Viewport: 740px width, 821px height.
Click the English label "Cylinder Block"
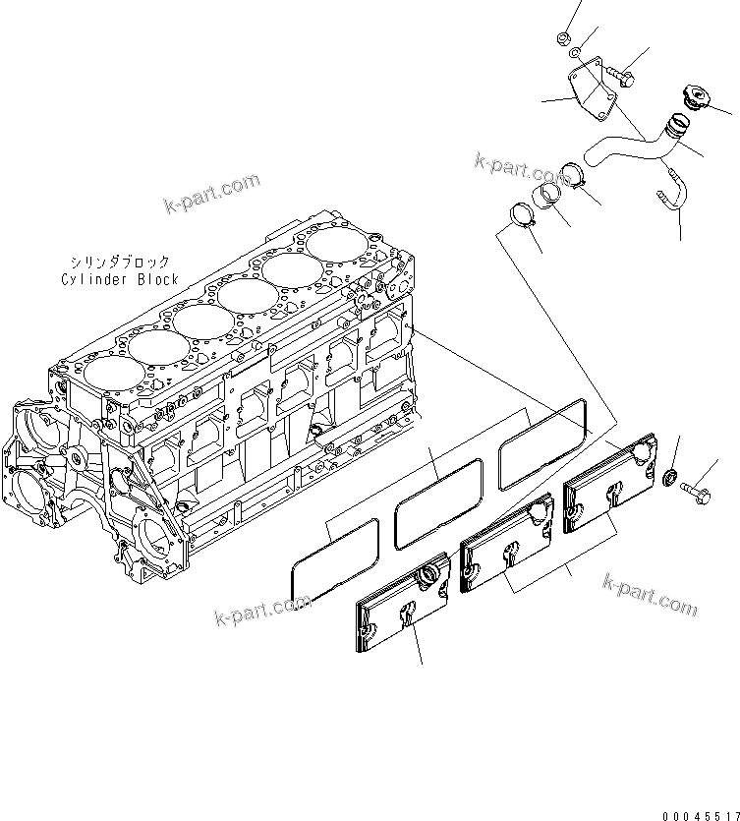coord(118,279)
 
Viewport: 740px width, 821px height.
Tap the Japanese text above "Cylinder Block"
coord(119,262)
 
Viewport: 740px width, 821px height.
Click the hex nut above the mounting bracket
coord(564,38)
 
